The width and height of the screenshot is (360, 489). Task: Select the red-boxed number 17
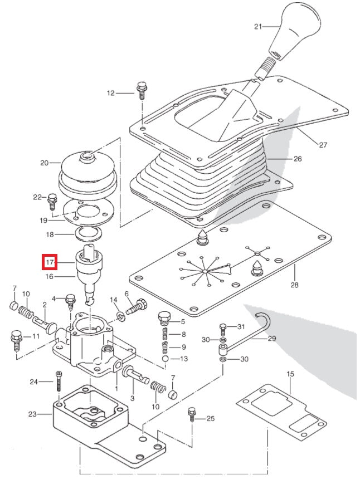click(x=50, y=261)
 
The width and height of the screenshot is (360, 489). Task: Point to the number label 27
click(x=323, y=145)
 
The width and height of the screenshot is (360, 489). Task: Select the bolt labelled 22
click(x=53, y=199)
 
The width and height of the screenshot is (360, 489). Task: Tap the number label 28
click(x=294, y=285)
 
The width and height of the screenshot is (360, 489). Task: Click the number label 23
click(x=32, y=414)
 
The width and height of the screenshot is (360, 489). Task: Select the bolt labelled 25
click(x=192, y=414)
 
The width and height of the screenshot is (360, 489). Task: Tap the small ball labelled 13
click(x=166, y=359)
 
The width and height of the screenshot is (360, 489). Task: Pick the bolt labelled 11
click(x=15, y=338)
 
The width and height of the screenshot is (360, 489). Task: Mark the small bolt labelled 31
click(x=222, y=327)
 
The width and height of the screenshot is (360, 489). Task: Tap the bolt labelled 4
click(x=71, y=300)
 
